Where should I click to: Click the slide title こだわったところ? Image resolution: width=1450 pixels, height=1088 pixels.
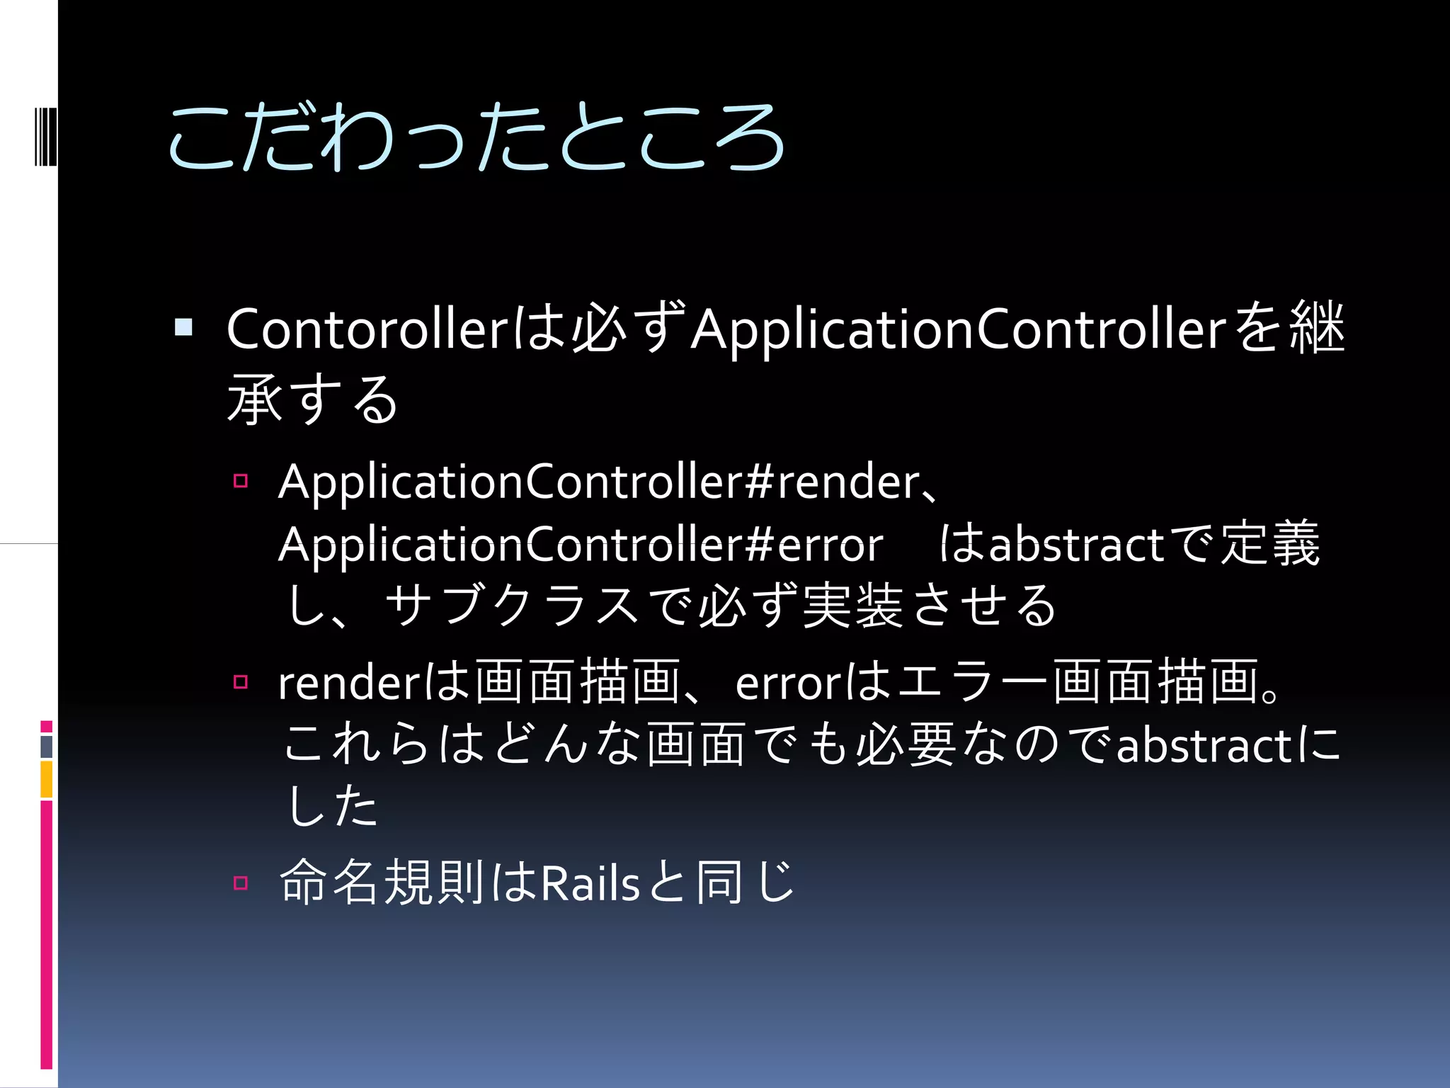click(x=476, y=137)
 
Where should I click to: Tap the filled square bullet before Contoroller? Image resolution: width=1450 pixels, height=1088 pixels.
click(x=183, y=327)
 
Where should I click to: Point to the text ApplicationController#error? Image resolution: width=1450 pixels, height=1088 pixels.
click(x=581, y=545)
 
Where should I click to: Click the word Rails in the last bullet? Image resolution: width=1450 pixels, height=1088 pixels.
click(x=590, y=884)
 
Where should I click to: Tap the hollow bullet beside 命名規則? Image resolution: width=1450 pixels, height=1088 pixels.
click(x=241, y=883)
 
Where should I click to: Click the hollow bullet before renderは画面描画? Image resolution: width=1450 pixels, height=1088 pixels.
click(x=241, y=682)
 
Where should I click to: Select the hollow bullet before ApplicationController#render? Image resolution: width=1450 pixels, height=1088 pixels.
click(x=241, y=482)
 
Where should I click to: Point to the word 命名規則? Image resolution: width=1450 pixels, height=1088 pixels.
click(x=382, y=883)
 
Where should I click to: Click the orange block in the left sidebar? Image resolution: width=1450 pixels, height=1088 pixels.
click(x=47, y=779)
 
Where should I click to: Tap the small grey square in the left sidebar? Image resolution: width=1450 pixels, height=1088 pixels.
click(x=47, y=747)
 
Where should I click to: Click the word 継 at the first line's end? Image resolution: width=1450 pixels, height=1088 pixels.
click(x=1317, y=328)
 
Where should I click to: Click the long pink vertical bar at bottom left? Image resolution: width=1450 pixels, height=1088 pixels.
click(x=47, y=935)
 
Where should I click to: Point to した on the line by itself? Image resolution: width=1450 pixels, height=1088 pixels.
click(x=331, y=806)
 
